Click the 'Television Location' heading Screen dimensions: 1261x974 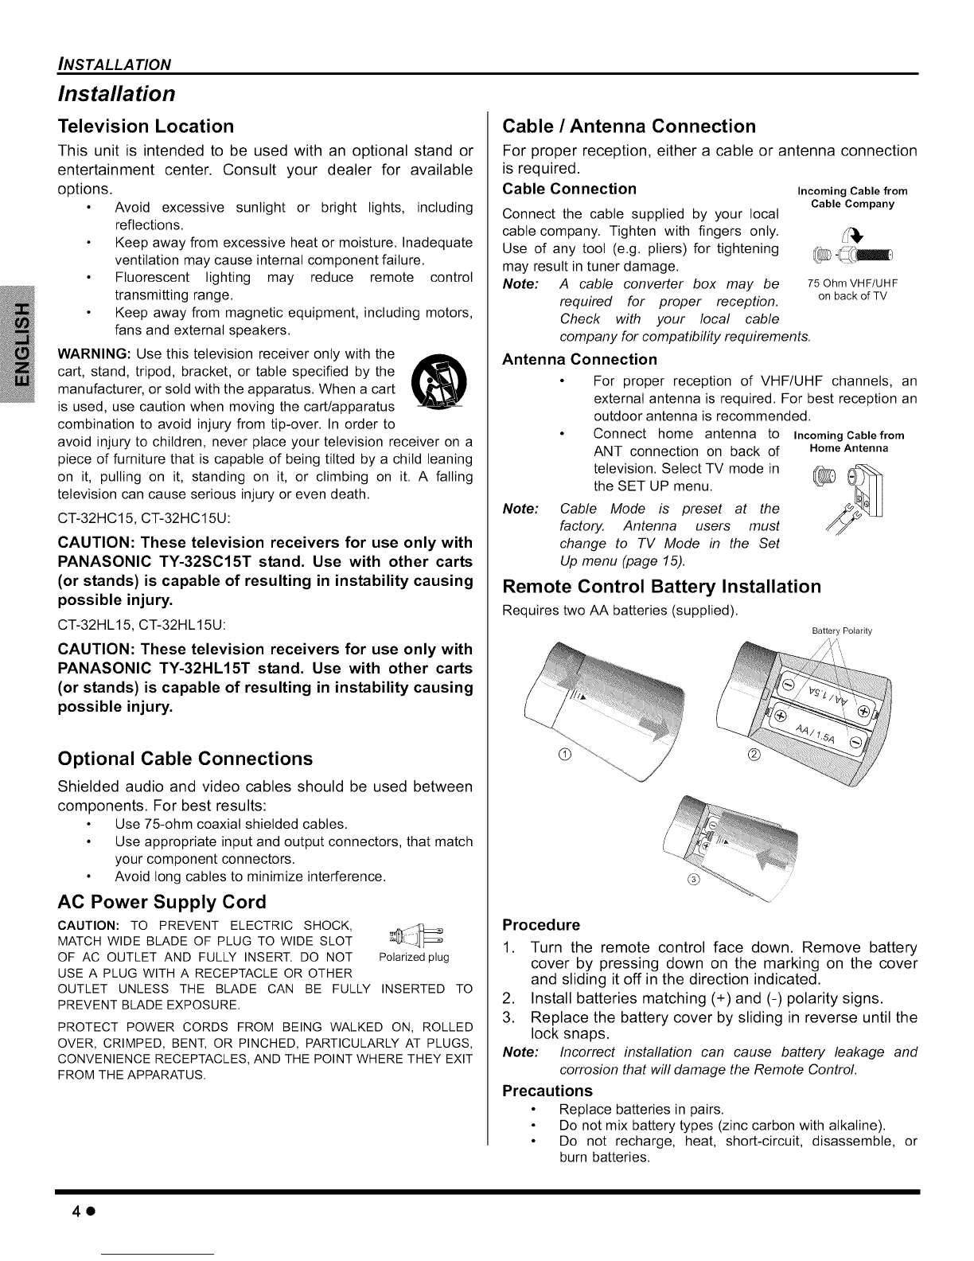point(146,127)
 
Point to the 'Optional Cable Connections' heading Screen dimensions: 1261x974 point(185,758)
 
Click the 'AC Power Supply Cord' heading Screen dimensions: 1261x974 point(162,903)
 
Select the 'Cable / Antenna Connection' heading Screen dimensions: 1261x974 point(629,127)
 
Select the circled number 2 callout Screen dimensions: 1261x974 point(754,755)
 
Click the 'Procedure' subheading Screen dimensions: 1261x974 point(541,925)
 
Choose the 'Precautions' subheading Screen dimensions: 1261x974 point(547,1091)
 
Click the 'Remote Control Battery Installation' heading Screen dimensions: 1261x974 point(662,588)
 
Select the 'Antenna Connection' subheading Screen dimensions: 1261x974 point(580,360)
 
